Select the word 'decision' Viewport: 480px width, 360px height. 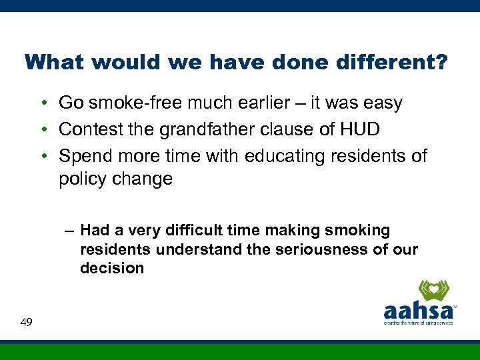tap(112, 268)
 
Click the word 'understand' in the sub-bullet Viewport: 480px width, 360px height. tap(187, 249)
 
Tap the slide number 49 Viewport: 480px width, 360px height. tap(27, 323)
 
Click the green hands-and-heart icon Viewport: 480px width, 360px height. tap(433, 291)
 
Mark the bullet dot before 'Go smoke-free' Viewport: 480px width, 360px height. tap(42, 104)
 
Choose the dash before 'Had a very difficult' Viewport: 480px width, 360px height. tap(69, 231)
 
